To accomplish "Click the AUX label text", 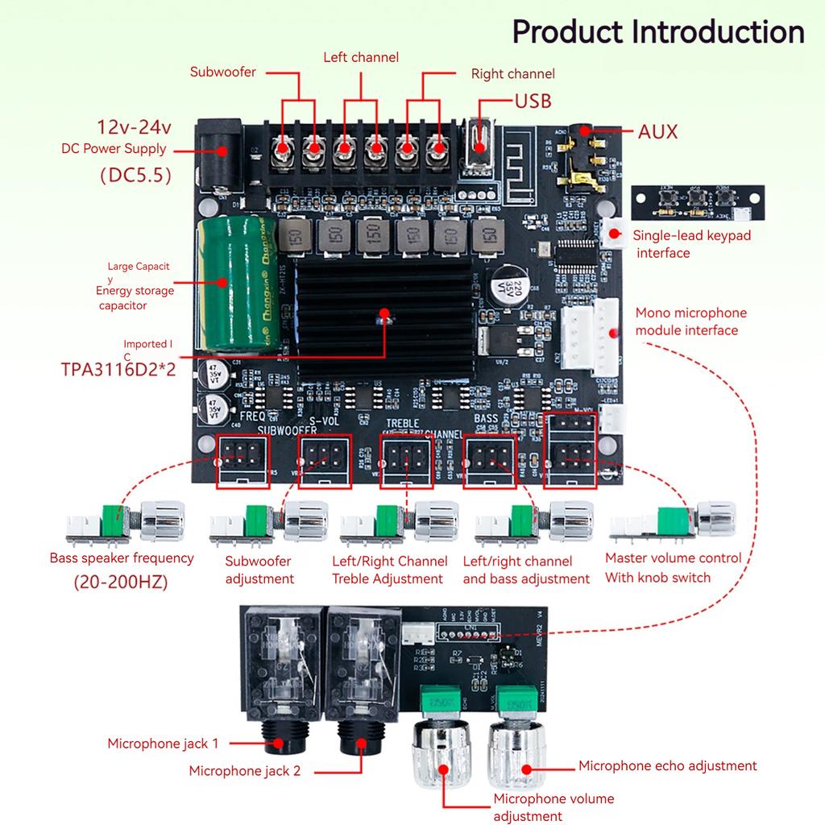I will [x=657, y=131].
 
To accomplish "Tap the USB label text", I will [x=533, y=101].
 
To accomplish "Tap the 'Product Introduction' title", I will [x=658, y=32].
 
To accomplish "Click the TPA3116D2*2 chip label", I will [x=118, y=369].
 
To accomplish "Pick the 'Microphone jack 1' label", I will [x=163, y=744].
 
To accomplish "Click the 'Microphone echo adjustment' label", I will [x=667, y=765].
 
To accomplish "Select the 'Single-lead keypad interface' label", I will [x=691, y=244].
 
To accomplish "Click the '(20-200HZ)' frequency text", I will [x=121, y=582].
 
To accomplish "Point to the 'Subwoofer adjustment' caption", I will [x=259, y=570].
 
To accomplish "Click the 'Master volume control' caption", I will [x=673, y=558].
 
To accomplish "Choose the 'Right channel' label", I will [x=512, y=74].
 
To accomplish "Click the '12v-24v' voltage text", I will [x=135, y=127].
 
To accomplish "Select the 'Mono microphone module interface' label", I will [x=690, y=321].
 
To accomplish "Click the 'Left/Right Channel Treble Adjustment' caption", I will [x=389, y=570].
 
